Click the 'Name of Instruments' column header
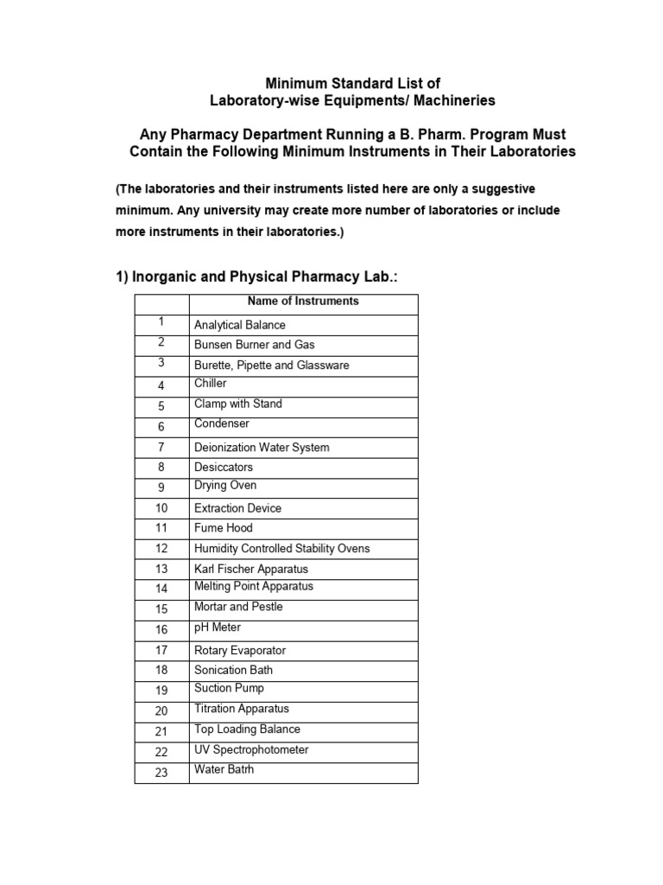coord(303,302)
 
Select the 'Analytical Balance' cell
coord(239,326)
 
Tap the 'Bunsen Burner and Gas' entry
coord(254,345)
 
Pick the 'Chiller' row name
coord(211,384)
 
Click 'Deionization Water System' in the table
coord(262,448)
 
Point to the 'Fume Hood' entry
coord(224,528)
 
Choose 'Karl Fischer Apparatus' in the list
coord(251,570)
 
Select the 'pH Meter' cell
coord(218,627)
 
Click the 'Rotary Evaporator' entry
coord(240,651)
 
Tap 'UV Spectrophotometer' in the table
coord(251,750)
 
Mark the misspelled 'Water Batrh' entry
coord(224,769)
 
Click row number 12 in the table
coord(161,549)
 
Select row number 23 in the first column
coord(161,773)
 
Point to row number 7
coord(161,448)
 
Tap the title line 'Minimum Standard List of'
coord(352,84)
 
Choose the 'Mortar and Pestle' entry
coord(238,607)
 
